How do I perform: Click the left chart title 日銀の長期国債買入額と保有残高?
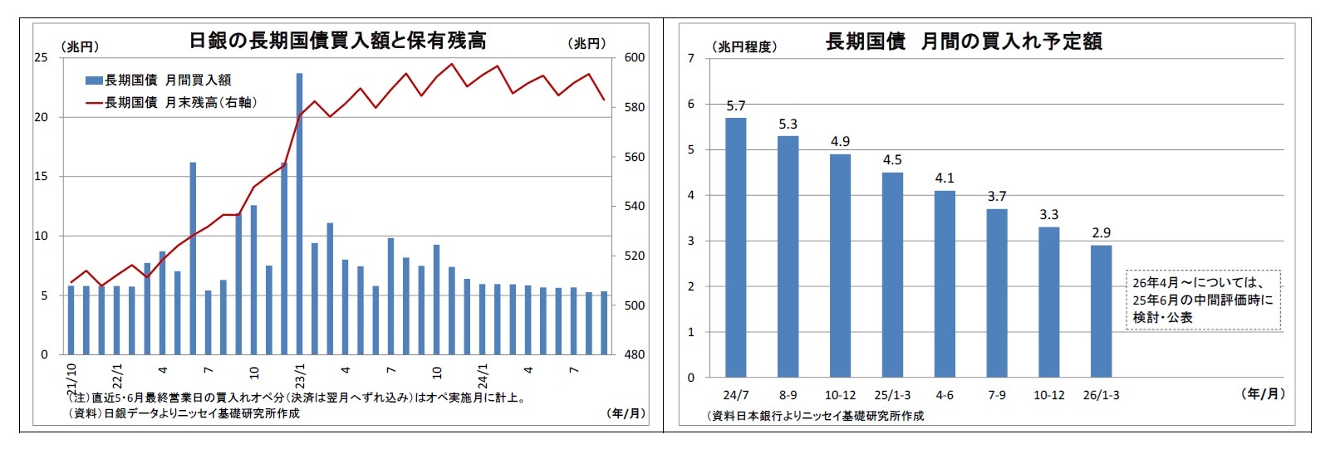[x=337, y=41]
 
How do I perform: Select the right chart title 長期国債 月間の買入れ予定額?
[x=964, y=41]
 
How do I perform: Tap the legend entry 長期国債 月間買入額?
[x=159, y=81]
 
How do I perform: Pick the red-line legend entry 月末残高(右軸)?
[x=172, y=103]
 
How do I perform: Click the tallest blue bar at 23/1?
[x=299, y=214]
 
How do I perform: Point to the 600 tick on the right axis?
[x=634, y=57]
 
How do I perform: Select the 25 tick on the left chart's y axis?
[x=41, y=57]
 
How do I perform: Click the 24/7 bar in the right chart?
[x=735, y=247]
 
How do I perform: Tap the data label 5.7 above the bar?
[x=735, y=106]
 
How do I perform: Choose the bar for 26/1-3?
[x=1101, y=311]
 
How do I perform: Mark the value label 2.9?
[x=1101, y=233]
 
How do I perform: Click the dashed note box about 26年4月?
[x=1203, y=300]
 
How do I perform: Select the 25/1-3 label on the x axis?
[x=892, y=395]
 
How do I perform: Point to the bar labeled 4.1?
[x=945, y=284]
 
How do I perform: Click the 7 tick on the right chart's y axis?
[x=690, y=58]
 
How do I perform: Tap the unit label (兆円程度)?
[x=744, y=47]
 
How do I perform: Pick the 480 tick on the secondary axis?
[x=634, y=354]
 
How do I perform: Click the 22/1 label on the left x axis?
[x=118, y=376]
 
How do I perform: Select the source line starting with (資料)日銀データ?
[x=184, y=413]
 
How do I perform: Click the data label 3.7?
[x=997, y=197]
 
